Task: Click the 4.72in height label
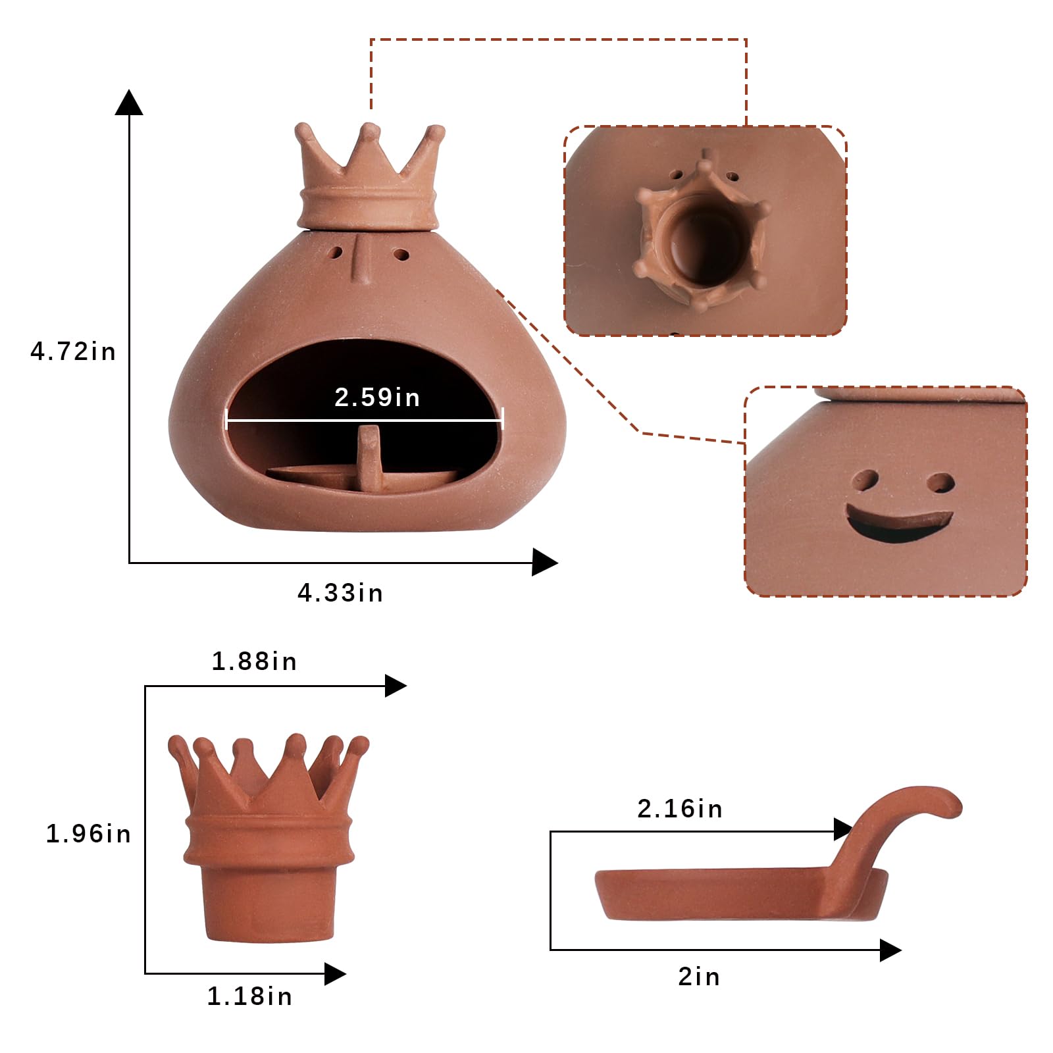[73, 351]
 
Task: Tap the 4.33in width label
[340, 593]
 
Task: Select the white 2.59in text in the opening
[377, 397]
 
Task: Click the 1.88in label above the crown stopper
[254, 661]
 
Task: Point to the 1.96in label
[88, 834]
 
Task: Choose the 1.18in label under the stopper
[249, 996]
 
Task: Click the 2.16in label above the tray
[680, 808]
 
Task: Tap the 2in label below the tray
[699, 977]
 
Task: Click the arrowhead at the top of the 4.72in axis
[129, 102]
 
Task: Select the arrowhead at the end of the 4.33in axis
[545, 562]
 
